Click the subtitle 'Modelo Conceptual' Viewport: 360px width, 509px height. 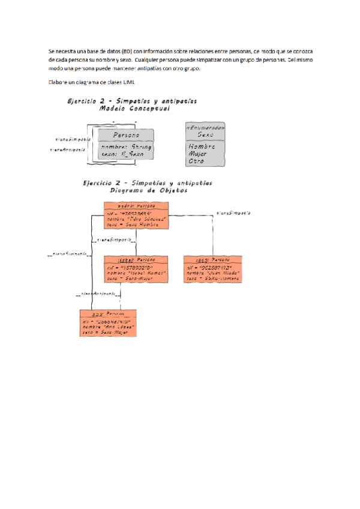point(134,110)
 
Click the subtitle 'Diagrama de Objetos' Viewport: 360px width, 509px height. point(148,191)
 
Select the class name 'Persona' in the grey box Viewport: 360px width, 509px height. point(126,135)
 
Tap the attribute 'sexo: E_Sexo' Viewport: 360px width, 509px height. point(122,154)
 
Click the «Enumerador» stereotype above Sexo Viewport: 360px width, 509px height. point(205,128)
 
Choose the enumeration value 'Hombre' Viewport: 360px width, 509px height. point(201,146)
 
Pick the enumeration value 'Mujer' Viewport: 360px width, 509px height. point(198,154)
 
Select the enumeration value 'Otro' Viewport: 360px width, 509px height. point(196,161)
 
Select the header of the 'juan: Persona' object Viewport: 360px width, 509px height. point(214,260)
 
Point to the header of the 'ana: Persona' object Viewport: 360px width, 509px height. point(108,314)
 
